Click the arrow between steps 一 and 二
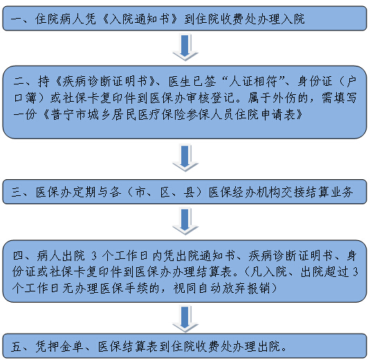185,48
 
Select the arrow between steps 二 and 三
185,159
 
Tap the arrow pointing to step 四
185,222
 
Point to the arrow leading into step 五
185,319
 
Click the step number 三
17,192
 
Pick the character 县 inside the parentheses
189,192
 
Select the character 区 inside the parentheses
165,192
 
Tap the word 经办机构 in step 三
256,192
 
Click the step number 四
19,256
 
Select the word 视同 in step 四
185,288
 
